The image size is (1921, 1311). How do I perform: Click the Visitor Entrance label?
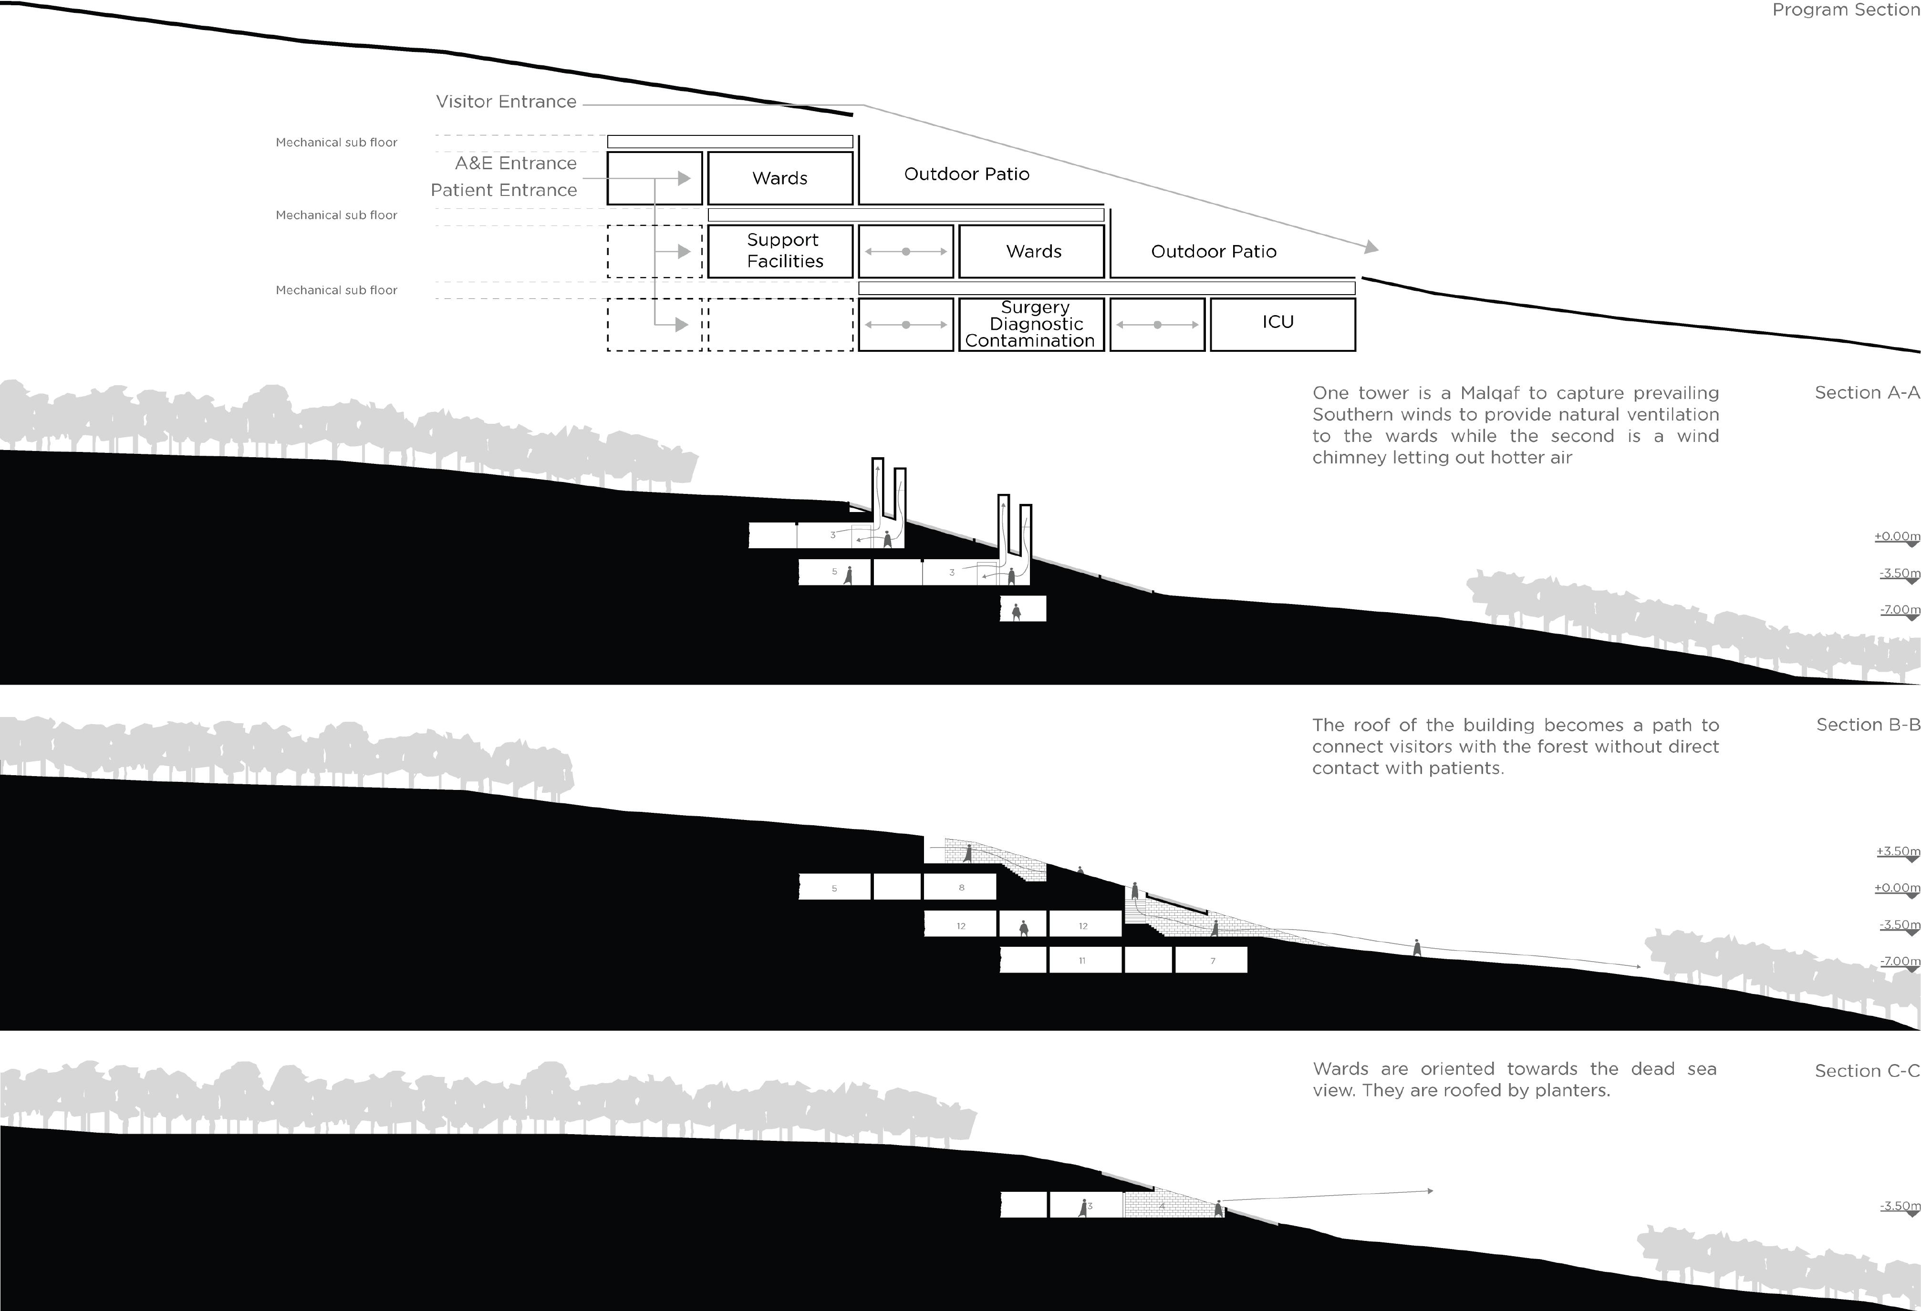coord(506,102)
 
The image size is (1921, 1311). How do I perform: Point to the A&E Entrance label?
coord(515,164)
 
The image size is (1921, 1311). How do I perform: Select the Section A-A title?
coord(1866,393)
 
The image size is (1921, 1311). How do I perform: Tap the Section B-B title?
coord(1867,725)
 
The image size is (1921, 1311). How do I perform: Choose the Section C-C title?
coord(1866,1071)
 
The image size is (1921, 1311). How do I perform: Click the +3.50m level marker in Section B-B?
coord(1898,852)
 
